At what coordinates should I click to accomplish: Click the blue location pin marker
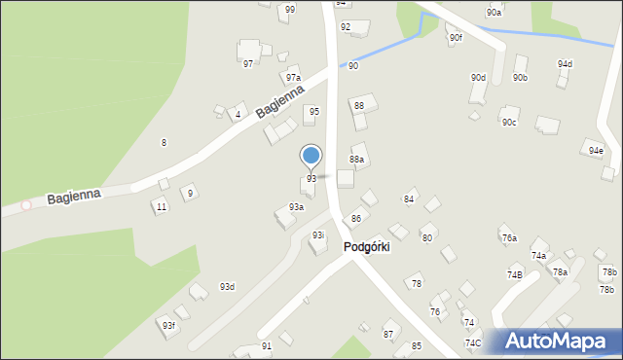pos(311,156)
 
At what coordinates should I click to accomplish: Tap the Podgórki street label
pos(366,247)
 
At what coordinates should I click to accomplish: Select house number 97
pos(248,63)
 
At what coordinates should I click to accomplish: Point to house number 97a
pos(293,78)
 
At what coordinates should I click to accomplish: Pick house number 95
pos(313,112)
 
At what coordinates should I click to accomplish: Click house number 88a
pos(357,159)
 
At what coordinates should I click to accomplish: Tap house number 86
pos(356,218)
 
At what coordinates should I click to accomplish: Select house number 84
pos(409,199)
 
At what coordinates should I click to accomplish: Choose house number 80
pos(426,237)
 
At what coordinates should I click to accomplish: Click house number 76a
pos(508,237)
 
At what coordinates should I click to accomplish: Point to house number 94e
pos(596,151)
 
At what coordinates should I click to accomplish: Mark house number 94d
pos(565,64)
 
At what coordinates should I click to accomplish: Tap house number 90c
pos(509,123)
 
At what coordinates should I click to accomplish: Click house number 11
pos(162,207)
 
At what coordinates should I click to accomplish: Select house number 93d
pos(227,286)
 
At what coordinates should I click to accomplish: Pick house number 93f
pos(168,325)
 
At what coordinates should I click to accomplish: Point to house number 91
pos(267,346)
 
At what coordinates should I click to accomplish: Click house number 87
pos(388,334)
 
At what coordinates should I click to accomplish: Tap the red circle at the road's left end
pos(26,205)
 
